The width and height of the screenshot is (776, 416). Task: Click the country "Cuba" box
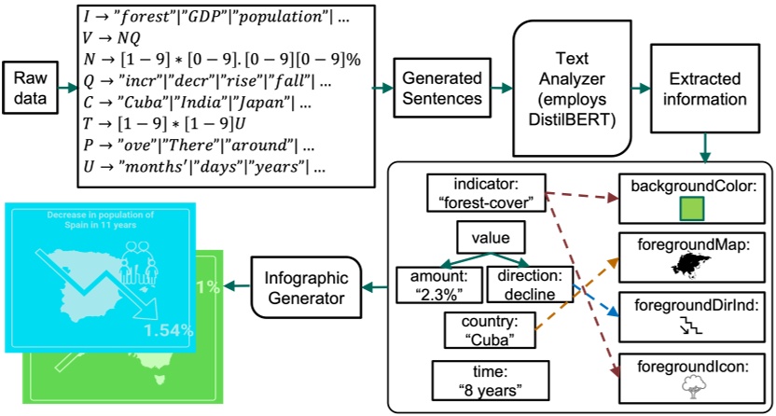pos(482,331)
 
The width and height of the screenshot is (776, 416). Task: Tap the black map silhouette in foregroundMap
pos(691,268)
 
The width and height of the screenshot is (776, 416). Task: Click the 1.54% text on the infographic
pos(168,329)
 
